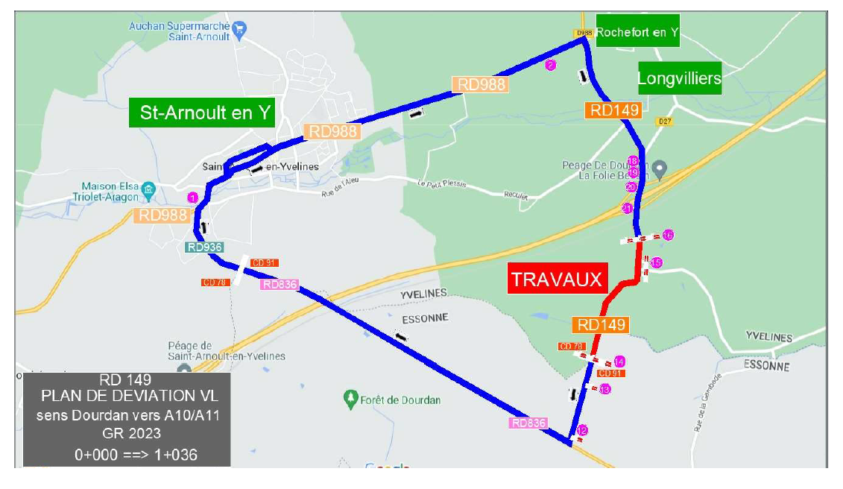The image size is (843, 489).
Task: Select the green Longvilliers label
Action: (679, 78)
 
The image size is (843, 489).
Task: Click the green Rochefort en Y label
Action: (637, 32)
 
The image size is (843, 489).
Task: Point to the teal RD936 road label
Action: (205, 247)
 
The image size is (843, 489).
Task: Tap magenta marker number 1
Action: (192, 198)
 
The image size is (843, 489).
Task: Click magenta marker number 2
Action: (551, 65)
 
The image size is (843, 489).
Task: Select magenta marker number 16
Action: (668, 235)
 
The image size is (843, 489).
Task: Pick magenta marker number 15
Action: (657, 262)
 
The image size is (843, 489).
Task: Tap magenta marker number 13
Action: (605, 388)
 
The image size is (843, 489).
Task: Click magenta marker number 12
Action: (582, 429)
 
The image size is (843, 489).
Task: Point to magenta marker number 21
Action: (628, 208)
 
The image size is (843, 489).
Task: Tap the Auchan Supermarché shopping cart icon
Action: (239, 31)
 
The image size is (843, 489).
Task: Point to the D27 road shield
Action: (665, 121)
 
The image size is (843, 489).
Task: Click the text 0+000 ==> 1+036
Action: (136, 454)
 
